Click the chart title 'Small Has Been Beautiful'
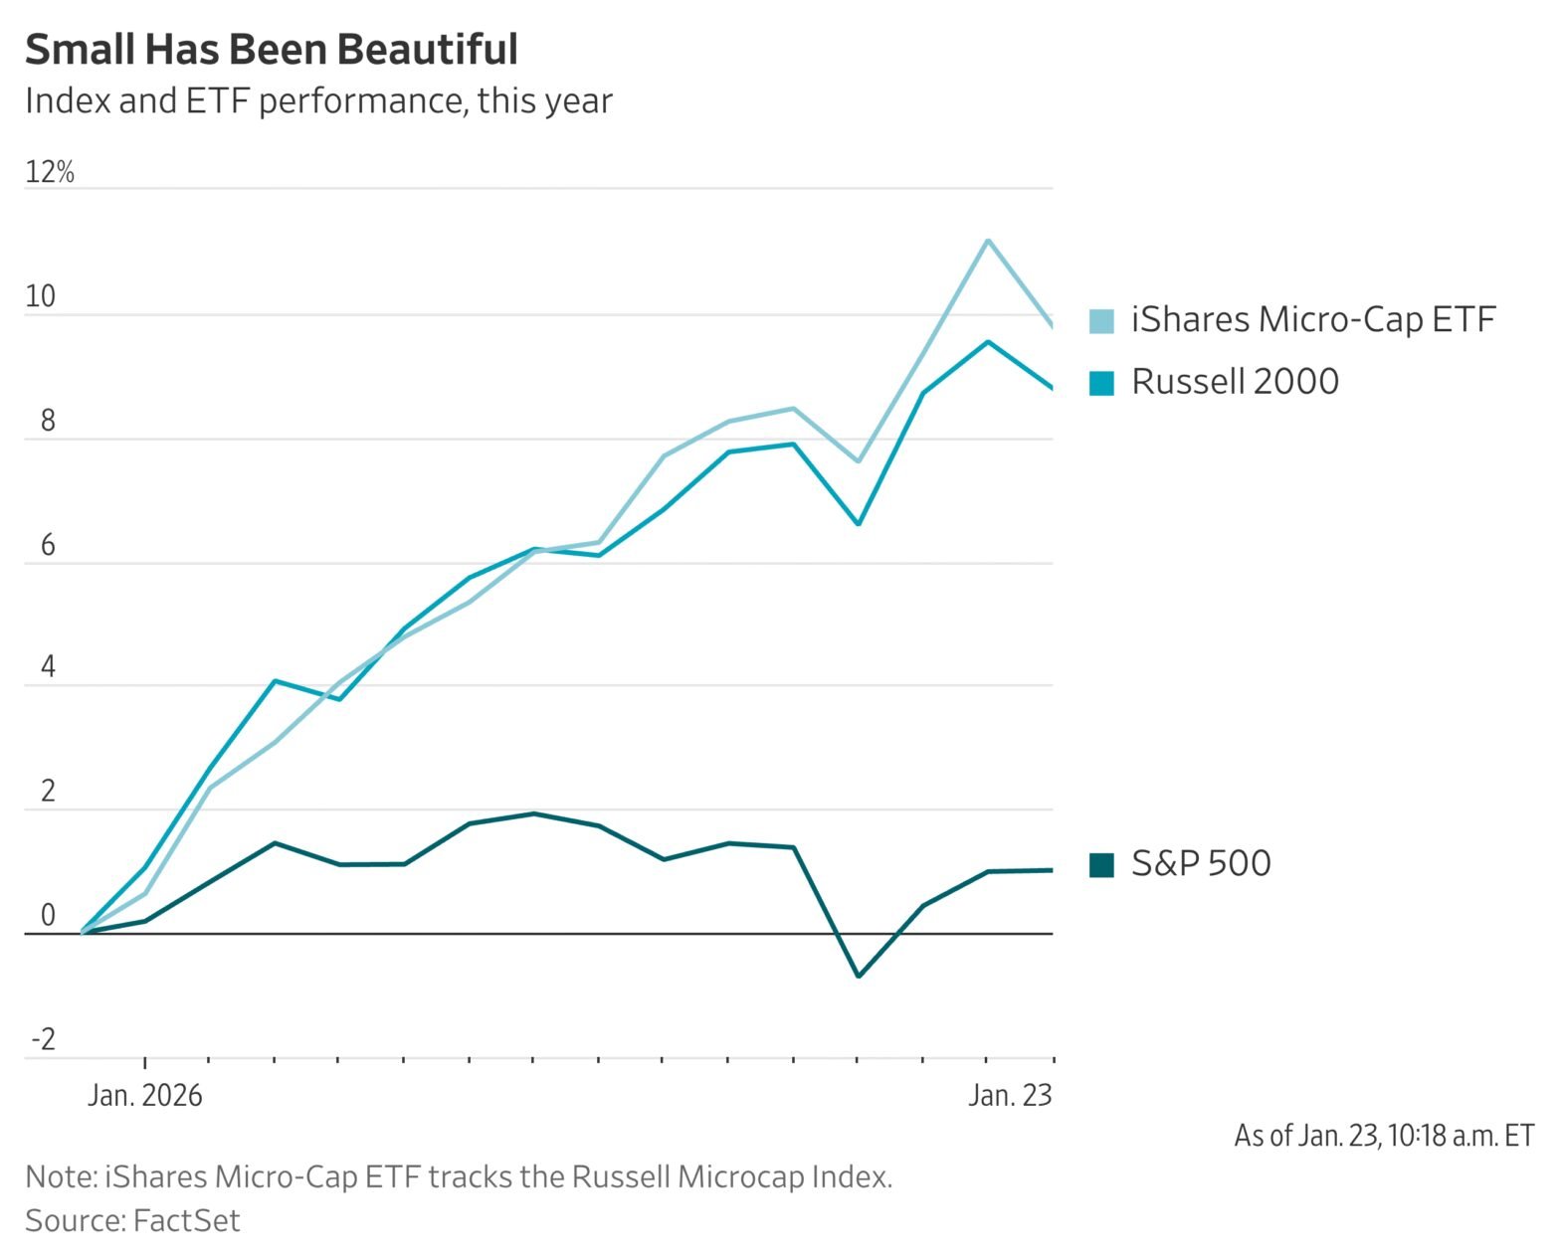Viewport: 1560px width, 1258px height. click(271, 49)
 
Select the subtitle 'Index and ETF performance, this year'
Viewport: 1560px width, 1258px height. click(318, 101)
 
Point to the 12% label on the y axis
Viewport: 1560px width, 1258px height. click(50, 172)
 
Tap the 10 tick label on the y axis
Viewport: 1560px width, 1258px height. click(41, 296)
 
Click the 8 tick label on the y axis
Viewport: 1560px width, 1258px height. click(48, 421)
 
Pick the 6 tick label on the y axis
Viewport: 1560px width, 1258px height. click(48, 545)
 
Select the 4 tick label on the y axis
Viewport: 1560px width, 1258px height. click(48, 667)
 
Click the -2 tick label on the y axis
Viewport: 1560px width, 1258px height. click(44, 1040)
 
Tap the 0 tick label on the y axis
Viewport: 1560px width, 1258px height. click(48, 916)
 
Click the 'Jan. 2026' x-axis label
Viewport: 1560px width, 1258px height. click(145, 1096)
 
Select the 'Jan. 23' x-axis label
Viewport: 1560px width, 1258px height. click(1010, 1096)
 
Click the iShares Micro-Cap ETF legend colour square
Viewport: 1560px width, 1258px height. click(1101, 320)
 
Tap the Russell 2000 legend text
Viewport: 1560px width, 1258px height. click(1235, 382)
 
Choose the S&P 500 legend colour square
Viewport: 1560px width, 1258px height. click(1101, 864)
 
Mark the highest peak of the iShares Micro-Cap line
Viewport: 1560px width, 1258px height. click(987, 240)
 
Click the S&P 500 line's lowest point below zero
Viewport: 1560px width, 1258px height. click(859, 977)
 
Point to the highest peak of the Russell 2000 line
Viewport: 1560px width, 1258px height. click(987, 342)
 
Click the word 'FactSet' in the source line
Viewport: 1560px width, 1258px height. click(187, 1220)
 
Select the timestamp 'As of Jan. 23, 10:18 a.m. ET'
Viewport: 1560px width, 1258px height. click(1384, 1136)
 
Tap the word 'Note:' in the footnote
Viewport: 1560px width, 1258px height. click(60, 1176)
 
